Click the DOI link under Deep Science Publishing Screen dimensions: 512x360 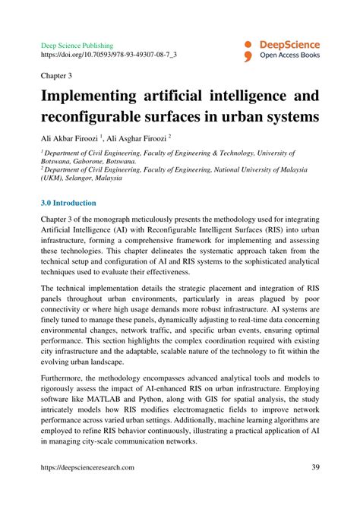coord(109,55)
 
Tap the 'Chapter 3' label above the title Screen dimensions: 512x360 coord(57,77)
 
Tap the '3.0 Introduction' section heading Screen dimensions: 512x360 coord(68,204)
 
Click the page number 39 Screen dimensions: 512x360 coord(314,468)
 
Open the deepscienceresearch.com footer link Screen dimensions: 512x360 coord(87,469)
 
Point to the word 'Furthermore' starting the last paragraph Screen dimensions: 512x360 coord(64,378)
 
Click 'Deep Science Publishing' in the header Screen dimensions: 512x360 coord(77,46)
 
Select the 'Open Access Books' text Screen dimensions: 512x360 coord(290,55)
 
